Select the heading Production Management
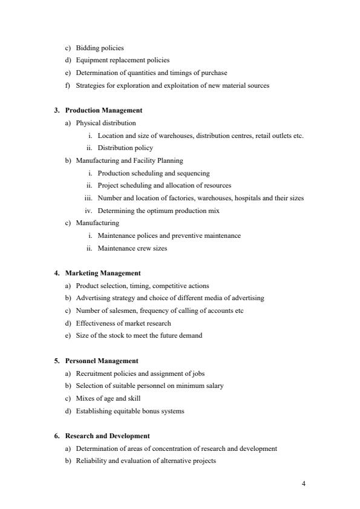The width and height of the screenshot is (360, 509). pos(103,110)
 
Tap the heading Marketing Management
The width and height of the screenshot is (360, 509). pos(103,273)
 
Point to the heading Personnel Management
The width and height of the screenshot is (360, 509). pos(102,361)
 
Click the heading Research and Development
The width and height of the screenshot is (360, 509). pos(107,436)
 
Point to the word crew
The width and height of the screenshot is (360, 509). pos(140,248)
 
